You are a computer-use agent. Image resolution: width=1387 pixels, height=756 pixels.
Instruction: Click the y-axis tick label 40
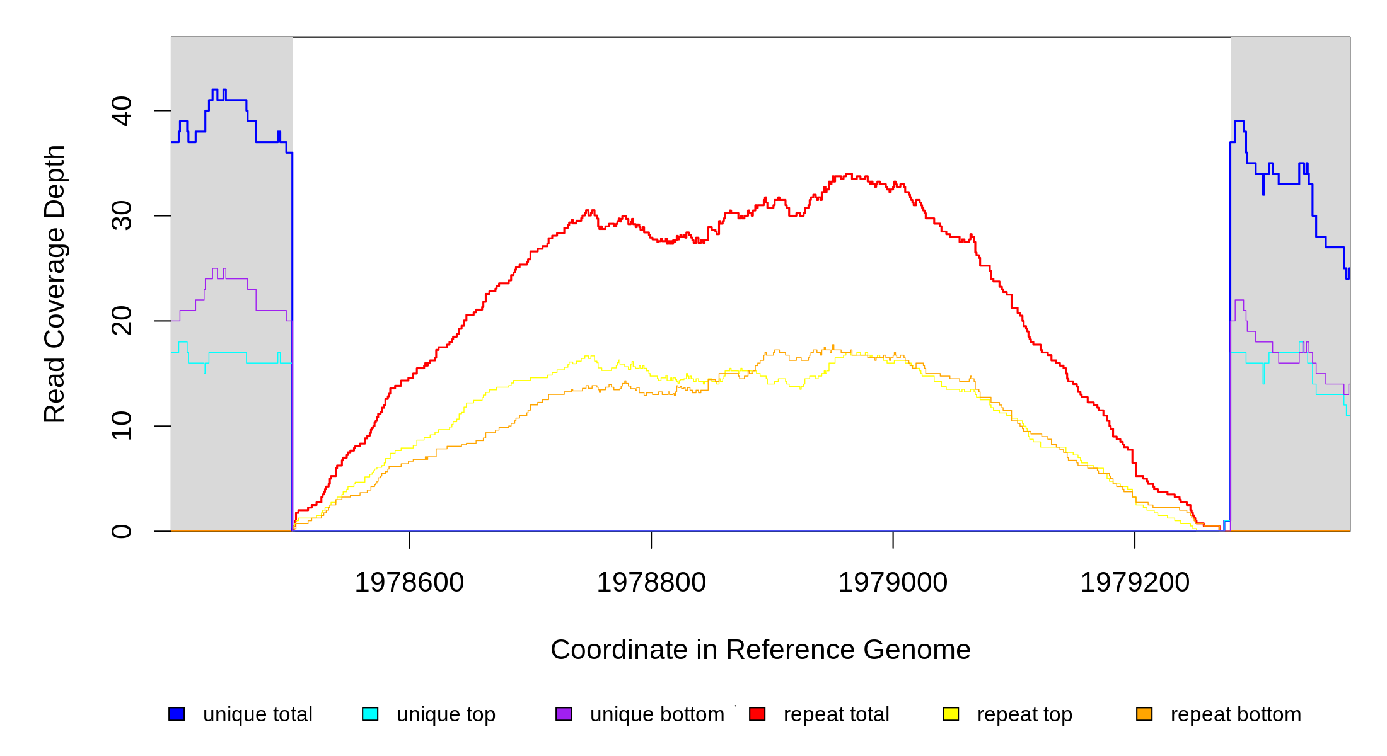point(121,111)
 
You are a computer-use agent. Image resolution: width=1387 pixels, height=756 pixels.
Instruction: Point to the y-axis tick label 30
point(121,216)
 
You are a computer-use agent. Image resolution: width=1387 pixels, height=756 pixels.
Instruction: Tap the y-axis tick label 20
point(121,321)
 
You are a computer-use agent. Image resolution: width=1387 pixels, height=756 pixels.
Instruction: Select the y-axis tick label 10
point(121,426)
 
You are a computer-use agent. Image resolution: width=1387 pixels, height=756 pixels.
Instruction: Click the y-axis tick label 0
point(121,531)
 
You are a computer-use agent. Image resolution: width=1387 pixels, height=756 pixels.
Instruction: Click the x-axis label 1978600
point(409,583)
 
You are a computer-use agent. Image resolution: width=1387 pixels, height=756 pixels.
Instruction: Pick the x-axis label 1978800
point(651,583)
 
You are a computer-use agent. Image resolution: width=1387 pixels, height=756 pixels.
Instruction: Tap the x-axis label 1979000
point(893,583)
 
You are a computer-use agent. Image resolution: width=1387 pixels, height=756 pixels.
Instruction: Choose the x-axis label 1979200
point(1135,583)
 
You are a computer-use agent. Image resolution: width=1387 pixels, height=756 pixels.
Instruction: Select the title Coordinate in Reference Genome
point(760,650)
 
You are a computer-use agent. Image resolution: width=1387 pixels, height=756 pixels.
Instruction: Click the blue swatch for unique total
point(177,714)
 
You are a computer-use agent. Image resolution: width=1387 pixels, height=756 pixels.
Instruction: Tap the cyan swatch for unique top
point(370,714)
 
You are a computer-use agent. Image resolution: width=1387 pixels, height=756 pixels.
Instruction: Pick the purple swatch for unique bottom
point(564,714)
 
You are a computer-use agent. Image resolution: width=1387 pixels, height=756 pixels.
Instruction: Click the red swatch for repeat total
point(757,714)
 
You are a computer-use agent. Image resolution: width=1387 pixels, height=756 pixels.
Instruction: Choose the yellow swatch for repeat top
point(951,714)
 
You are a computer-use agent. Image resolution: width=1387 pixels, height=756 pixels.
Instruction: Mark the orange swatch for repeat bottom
point(1144,714)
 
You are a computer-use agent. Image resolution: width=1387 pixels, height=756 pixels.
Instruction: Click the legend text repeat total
point(836,714)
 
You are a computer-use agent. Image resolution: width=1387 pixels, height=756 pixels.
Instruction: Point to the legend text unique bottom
point(657,714)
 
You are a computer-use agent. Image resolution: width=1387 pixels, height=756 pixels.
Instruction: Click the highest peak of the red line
point(849,174)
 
